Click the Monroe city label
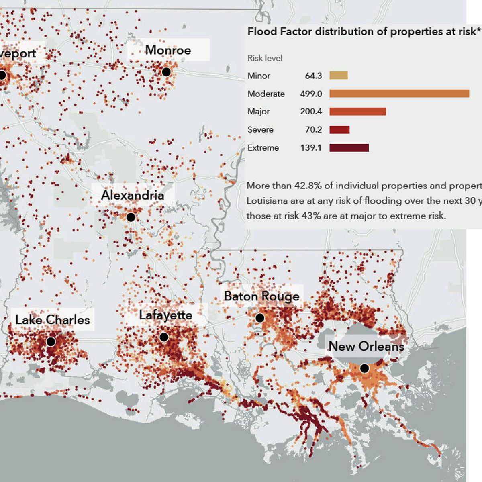tap(168, 50)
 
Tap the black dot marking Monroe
tap(166, 72)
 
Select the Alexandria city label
tap(133, 195)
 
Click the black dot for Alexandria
tap(131, 217)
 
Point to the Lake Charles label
tap(53, 320)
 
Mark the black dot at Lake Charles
tap(51, 341)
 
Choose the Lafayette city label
tap(165, 315)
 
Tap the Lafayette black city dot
tap(164, 337)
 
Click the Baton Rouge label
tap(261, 296)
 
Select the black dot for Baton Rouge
tap(260, 318)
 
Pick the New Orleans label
tap(366, 346)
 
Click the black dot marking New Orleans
tap(364, 368)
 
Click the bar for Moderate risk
tap(399, 94)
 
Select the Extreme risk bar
tap(349, 148)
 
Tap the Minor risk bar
tap(339, 76)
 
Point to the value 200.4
tap(311, 112)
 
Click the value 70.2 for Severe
tap(313, 130)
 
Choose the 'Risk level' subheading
tap(265, 58)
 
